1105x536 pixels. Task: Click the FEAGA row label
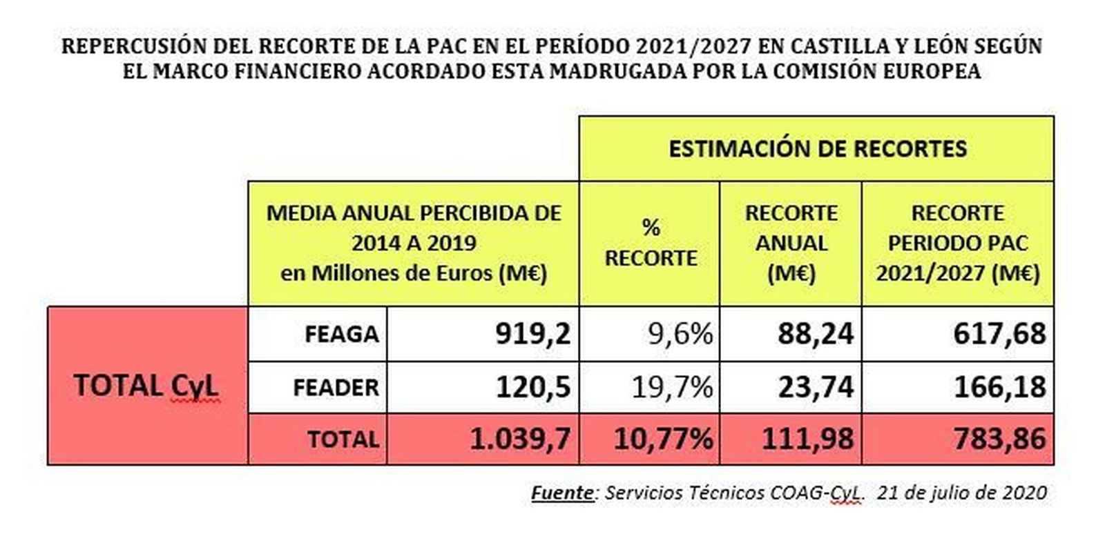(x=341, y=335)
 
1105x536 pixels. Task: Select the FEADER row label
(x=336, y=388)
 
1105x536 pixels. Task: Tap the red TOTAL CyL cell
(x=146, y=386)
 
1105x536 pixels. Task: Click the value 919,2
(x=532, y=334)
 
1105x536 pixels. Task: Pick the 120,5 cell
(x=532, y=387)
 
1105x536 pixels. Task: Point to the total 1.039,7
(x=520, y=439)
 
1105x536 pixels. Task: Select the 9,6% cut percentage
(x=680, y=334)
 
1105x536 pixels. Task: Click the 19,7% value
(x=672, y=387)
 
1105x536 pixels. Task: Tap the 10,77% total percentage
(x=663, y=439)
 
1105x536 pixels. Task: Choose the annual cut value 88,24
(x=816, y=334)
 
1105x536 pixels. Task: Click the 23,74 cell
(x=816, y=387)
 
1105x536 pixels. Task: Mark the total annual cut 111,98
(x=807, y=439)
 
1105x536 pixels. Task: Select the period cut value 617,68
(x=999, y=334)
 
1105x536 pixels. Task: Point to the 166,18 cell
(x=999, y=387)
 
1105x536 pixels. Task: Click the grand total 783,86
(x=999, y=439)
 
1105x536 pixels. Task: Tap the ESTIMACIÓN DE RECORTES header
(x=817, y=149)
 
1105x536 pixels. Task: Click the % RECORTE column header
(x=651, y=243)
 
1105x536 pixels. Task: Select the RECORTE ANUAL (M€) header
(x=791, y=243)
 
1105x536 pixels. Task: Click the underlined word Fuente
(x=562, y=493)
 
